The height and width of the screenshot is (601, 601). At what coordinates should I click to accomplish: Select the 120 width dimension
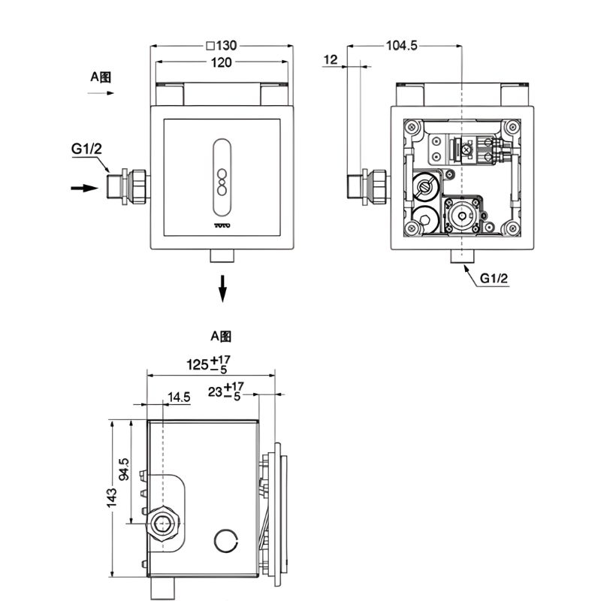(222, 63)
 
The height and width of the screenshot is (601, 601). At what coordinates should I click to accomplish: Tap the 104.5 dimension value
(401, 46)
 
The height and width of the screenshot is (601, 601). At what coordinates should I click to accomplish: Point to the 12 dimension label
(331, 59)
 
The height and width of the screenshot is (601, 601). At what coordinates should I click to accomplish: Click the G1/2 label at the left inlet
(86, 149)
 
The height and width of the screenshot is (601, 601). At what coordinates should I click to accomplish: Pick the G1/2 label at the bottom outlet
(494, 278)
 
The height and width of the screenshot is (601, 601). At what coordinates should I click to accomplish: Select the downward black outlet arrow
(222, 288)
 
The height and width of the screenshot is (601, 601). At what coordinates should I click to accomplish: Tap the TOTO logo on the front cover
(222, 224)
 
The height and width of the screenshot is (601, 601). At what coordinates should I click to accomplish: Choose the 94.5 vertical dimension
(126, 470)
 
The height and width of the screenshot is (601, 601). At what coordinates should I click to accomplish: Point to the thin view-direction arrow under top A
(100, 93)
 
